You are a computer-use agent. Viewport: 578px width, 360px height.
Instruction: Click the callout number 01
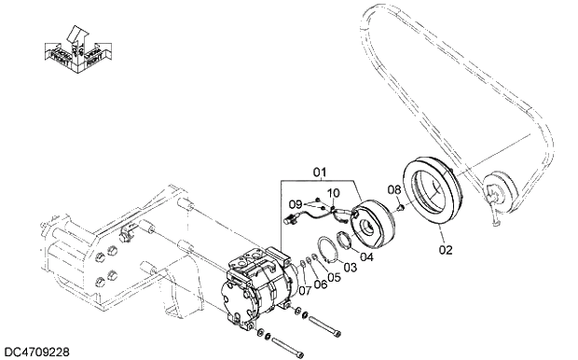(321, 172)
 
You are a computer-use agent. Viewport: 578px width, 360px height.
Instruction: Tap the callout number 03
(350, 267)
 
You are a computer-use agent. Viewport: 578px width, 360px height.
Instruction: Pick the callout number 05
(334, 277)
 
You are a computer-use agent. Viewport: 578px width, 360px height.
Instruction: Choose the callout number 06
(320, 284)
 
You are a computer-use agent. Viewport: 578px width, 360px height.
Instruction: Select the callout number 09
(294, 203)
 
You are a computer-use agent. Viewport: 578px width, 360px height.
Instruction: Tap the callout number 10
(333, 193)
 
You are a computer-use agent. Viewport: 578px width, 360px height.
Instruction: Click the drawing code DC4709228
(36, 352)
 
